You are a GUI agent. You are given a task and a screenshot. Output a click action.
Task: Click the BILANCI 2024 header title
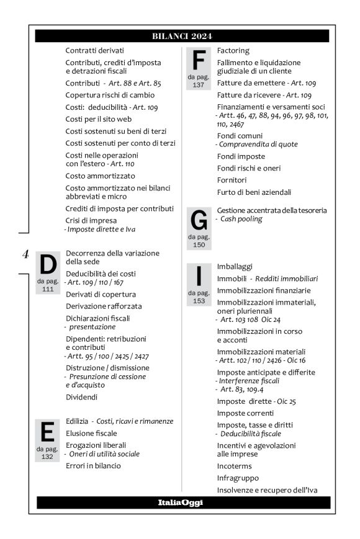[x=182, y=36]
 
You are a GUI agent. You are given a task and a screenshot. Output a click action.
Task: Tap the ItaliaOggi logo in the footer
[x=182, y=502]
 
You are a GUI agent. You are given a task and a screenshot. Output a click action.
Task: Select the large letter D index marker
[x=48, y=265]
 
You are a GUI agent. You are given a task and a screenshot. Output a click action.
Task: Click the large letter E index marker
[x=47, y=432]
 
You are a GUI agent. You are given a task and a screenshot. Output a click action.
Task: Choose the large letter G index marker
[x=198, y=221]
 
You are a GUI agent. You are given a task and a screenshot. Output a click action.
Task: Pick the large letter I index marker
[x=199, y=276]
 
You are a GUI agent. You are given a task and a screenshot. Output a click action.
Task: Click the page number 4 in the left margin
[x=25, y=253]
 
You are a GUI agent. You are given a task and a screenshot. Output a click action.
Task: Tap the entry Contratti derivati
[x=95, y=50]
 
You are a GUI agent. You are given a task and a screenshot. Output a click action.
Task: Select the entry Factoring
[x=233, y=50]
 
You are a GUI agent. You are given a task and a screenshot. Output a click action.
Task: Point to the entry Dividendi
[x=82, y=397]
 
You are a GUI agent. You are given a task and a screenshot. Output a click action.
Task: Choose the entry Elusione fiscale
[x=92, y=433]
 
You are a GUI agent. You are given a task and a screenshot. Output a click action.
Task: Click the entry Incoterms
[x=235, y=466]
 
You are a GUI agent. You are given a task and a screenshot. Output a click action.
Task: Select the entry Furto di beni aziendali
[x=254, y=192]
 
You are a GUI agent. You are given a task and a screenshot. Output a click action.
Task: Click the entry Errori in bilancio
[x=93, y=466]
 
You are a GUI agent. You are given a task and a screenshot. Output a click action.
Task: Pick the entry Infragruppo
[x=238, y=478]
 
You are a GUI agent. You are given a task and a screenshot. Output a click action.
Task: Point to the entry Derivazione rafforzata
[x=104, y=306]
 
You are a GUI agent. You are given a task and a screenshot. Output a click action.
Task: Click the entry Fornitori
[x=233, y=180]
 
